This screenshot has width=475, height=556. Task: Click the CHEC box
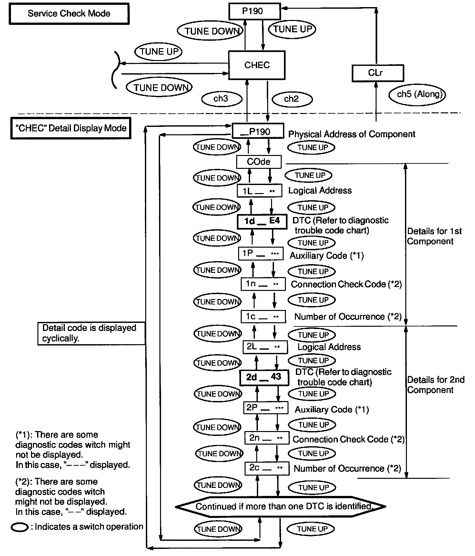point(257,65)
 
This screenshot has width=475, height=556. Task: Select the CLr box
point(377,73)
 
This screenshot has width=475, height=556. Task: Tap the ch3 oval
point(221,99)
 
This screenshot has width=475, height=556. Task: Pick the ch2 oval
point(292,99)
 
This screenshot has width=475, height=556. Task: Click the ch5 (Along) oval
point(417,95)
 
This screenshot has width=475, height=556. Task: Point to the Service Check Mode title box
point(69,14)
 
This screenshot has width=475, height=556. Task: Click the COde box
point(258,161)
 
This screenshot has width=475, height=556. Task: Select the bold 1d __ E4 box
point(262,221)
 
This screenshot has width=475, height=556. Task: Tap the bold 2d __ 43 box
point(264,377)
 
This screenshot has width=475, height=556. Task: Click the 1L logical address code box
point(259,191)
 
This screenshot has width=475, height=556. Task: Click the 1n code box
point(263,284)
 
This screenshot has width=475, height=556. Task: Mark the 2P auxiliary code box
point(265,408)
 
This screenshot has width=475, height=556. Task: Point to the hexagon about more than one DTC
point(280,506)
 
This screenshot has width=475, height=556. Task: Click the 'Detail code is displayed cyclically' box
point(91,333)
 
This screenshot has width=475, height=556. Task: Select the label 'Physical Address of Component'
point(351,134)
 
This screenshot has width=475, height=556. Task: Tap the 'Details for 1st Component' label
point(434,236)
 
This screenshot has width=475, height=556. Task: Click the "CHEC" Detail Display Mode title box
point(71,128)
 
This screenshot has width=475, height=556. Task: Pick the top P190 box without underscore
point(254,12)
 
